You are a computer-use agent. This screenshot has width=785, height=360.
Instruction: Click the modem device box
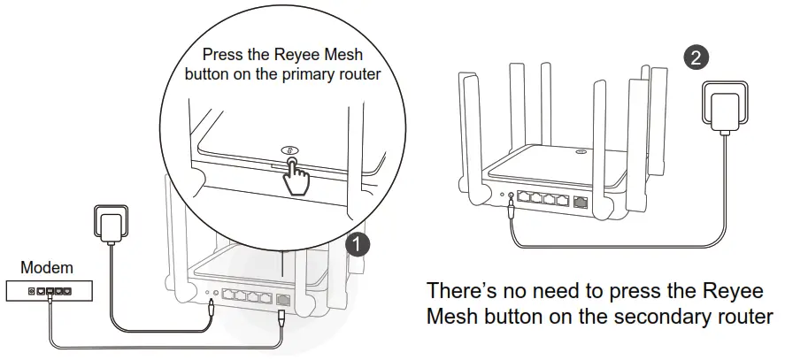(51, 289)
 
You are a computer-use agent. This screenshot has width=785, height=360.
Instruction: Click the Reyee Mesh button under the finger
(289, 151)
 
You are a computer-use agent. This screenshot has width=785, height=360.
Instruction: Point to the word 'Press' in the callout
(222, 55)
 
